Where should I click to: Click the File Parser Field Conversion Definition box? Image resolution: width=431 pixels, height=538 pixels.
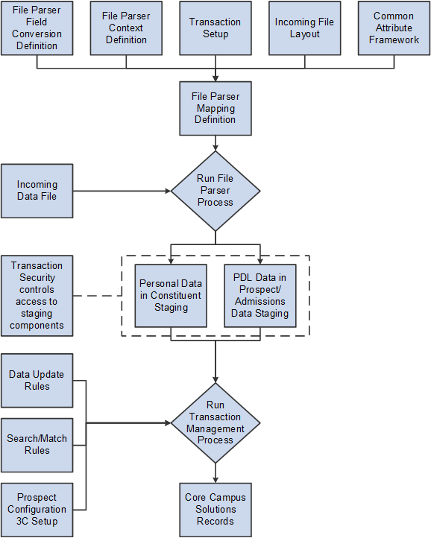pos(37,28)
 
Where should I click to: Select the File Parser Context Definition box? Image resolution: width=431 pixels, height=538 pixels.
pos(126,28)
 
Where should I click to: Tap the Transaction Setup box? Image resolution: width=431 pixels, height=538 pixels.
pos(215,28)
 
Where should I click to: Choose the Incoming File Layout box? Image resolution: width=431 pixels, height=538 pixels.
pos(305,28)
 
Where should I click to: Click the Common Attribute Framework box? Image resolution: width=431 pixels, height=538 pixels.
pos(394,28)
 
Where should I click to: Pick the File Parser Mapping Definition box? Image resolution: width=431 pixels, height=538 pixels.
pos(215,108)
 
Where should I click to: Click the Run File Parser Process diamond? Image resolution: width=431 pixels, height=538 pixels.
pos(215,191)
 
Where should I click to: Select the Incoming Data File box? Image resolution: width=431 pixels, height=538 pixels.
pos(37,191)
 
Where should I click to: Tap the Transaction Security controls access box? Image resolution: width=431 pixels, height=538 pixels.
pos(37,295)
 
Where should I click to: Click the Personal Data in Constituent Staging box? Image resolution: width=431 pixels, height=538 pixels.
pos(171,295)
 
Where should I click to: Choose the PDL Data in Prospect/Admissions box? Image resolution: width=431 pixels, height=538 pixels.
pos(259,295)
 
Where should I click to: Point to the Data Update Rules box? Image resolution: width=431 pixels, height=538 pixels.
pos(37,381)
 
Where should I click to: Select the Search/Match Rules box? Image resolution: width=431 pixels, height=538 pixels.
pos(37,445)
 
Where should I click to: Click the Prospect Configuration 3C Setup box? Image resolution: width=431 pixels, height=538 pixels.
pos(37,510)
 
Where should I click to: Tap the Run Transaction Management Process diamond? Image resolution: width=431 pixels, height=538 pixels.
pos(215,423)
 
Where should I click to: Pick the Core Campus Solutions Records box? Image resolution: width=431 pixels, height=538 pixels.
pos(215,510)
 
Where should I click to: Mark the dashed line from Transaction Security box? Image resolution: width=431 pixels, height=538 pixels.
pos(97,295)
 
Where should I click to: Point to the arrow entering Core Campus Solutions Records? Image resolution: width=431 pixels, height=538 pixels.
pos(215,474)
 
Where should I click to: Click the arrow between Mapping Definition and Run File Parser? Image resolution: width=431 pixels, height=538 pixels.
pos(215,143)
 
